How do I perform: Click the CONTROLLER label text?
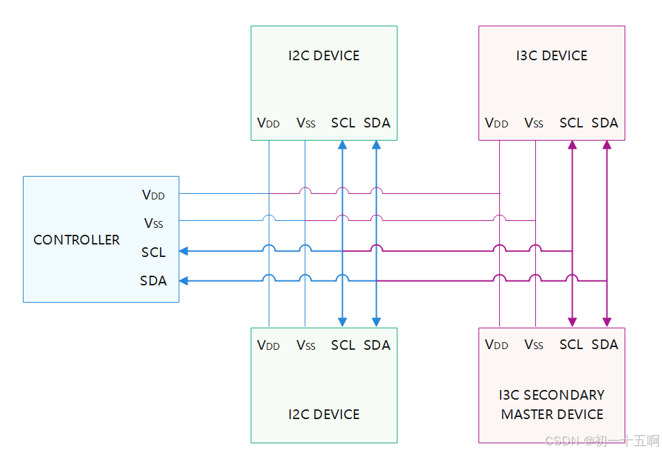coord(76,240)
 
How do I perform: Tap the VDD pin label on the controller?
coord(153,195)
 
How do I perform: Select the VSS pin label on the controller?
coord(153,223)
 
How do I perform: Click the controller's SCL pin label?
coord(153,252)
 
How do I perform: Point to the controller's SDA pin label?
coord(153,281)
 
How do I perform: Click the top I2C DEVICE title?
coord(324,55)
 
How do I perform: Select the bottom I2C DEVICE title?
coord(324,414)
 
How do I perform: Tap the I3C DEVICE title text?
coord(551,55)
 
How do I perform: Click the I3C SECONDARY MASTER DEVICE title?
coord(552,405)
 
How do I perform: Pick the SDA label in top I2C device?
coord(377,123)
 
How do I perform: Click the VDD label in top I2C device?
coord(268,123)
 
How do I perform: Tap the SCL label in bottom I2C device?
coord(343,345)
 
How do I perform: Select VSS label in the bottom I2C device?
coord(305,345)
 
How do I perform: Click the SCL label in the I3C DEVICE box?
coord(571,123)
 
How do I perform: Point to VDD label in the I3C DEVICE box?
coord(496,123)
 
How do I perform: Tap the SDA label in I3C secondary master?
coord(605,344)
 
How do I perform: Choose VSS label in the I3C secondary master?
coord(534,344)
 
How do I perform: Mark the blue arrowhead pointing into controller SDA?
coord(184,281)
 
